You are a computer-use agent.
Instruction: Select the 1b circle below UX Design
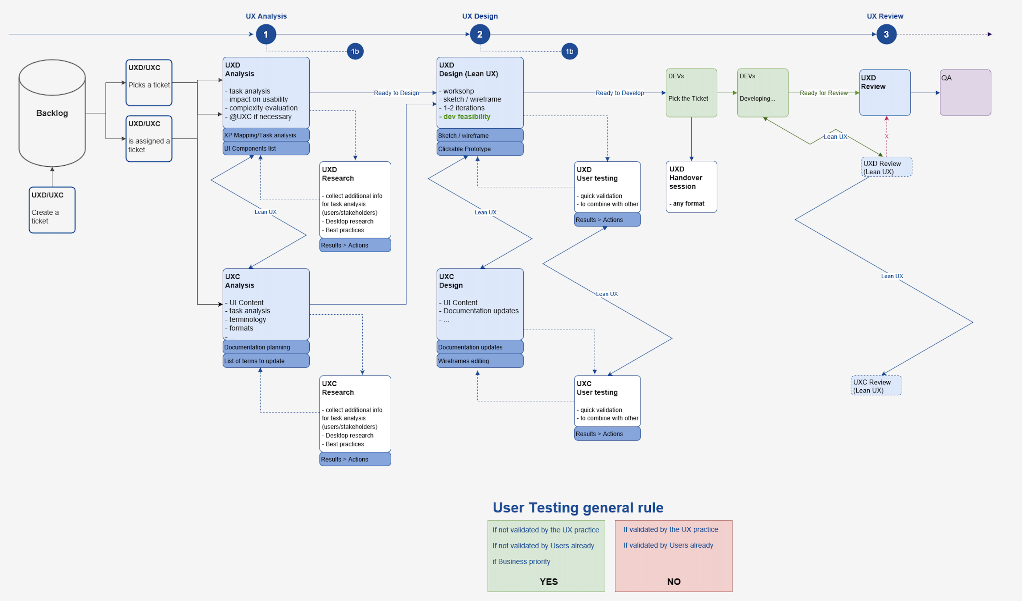click(x=569, y=52)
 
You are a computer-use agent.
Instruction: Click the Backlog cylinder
click(x=52, y=113)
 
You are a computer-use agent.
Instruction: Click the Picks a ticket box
click(x=149, y=83)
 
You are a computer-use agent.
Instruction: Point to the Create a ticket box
click(x=52, y=210)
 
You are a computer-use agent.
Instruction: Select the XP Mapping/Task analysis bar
click(x=266, y=135)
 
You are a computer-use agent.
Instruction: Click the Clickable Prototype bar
click(x=480, y=149)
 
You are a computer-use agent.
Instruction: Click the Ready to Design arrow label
click(x=396, y=93)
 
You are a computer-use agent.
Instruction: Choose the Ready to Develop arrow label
click(x=619, y=93)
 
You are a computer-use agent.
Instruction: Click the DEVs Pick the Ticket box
click(x=691, y=93)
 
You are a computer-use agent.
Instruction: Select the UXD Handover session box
click(x=691, y=187)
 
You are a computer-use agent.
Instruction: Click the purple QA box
click(x=965, y=93)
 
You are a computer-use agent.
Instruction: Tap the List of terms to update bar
click(x=266, y=361)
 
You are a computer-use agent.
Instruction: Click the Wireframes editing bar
click(x=480, y=361)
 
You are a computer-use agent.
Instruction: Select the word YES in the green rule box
click(x=548, y=582)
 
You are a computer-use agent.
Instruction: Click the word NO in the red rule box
click(x=673, y=582)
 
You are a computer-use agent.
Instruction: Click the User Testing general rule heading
click(x=578, y=508)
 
